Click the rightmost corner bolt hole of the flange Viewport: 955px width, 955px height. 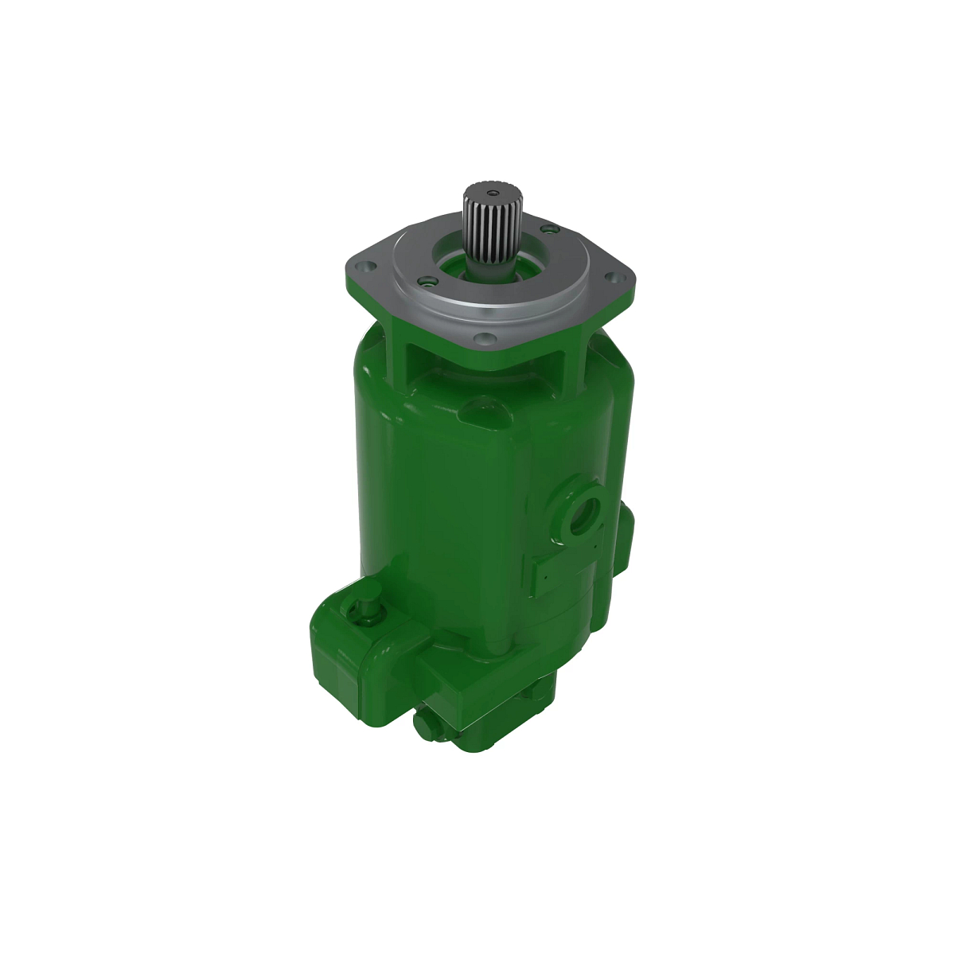pos(614,277)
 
